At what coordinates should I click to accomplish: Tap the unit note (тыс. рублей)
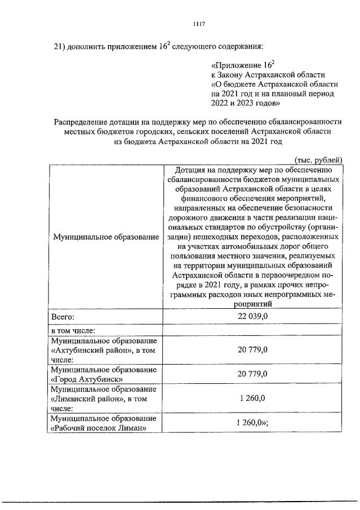pos(317,159)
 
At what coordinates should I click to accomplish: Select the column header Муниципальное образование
pos(105,237)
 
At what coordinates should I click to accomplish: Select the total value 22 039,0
pos(252,318)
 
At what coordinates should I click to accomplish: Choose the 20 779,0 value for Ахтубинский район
pos(252,350)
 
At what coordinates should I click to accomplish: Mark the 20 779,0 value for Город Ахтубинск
pos(252,374)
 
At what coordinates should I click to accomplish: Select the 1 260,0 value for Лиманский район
pos(252,399)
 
